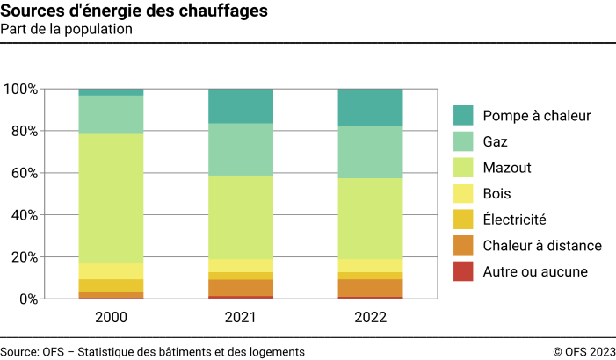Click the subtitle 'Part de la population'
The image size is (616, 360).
click(67, 30)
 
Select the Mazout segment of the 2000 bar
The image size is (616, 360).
click(111, 198)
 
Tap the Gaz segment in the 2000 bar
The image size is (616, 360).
click(111, 114)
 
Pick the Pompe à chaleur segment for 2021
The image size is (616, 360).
click(241, 105)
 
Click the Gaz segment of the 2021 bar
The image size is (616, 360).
click(241, 149)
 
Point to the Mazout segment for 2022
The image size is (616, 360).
click(370, 219)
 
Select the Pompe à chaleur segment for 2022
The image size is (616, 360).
click(370, 107)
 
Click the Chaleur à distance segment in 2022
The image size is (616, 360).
click(370, 288)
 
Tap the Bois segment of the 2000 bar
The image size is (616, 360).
click(111, 271)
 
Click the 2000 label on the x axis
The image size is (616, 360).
click(111, 316)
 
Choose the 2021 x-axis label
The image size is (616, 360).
click(241, 316)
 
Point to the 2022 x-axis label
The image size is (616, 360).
click(370, 316)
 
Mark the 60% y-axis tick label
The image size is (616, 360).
click(24, 173)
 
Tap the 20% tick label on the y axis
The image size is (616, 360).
click(24, 257)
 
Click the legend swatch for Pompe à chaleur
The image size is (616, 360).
click(464, 115)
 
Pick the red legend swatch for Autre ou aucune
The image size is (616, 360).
click(464, 271)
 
